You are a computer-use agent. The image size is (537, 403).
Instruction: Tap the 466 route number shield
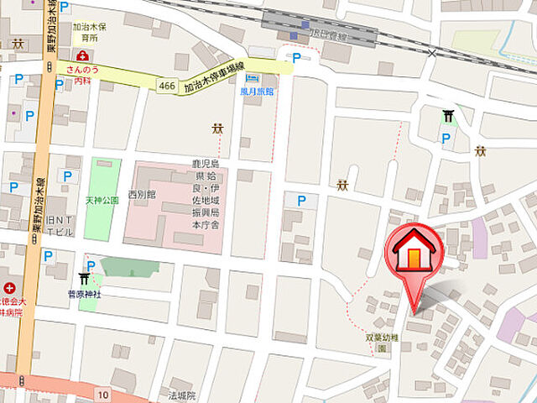(166, 85)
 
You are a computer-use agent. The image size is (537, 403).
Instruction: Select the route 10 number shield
(102, 394)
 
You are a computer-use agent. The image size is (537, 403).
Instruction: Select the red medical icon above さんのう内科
(81, 56)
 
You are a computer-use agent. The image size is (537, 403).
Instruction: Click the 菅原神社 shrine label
(85, 294)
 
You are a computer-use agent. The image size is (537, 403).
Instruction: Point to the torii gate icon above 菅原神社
(85, 279)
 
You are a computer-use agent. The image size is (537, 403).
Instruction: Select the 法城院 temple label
(181, 395)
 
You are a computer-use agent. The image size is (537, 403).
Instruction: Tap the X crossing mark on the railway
(432, 54)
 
